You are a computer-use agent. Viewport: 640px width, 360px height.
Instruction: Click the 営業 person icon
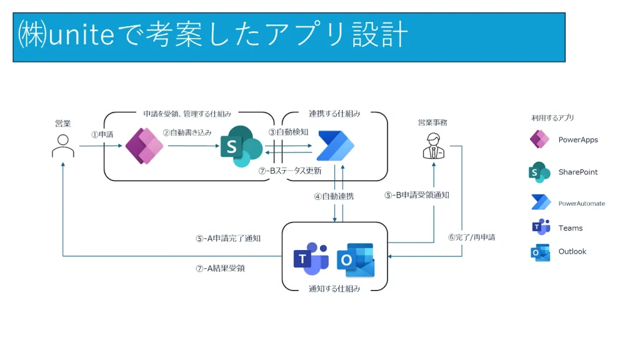click(x=63, y=146)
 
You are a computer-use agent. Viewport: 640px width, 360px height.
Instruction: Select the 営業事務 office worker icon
click(x=434, y=146)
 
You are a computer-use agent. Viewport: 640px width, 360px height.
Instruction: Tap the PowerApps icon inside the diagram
click(x=144, y=146)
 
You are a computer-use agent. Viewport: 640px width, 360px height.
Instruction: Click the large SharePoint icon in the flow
click(x=241, y=146)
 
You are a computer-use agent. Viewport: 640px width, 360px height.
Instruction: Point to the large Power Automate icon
click(x=336, y=146)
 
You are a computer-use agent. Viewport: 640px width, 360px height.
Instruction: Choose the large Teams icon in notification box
click(x=311, y=259)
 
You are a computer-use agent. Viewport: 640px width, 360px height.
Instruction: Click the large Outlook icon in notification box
click(x=356, y=260)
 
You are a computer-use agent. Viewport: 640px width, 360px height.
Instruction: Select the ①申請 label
click(x=102, y=134)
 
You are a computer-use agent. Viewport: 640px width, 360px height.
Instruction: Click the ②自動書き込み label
click(x=187, y=132)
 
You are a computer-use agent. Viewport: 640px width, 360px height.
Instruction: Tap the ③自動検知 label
click(x=288, y=132)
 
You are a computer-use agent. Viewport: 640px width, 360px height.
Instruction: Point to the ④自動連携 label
click(x=334, y=196)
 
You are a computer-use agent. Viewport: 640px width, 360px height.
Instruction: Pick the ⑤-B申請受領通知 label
click(x=417, y=195)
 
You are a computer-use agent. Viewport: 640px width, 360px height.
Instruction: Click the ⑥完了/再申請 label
click(x=471, y=237)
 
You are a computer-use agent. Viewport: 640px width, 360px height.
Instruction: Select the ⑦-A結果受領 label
click(x=220, y=268)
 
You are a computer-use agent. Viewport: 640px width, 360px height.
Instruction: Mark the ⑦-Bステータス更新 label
click(x=290, y=171)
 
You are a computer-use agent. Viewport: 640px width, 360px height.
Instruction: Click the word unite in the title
click(x=81, y=34)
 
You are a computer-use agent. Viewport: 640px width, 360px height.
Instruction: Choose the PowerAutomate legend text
click(x=582, y=203)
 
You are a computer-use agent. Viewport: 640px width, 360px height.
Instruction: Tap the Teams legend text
click(x=570, y=228)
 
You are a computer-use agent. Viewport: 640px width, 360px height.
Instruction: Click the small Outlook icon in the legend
click(x=540, y=252)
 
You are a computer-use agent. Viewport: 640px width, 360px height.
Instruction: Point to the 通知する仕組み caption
click(x=334, y=289)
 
